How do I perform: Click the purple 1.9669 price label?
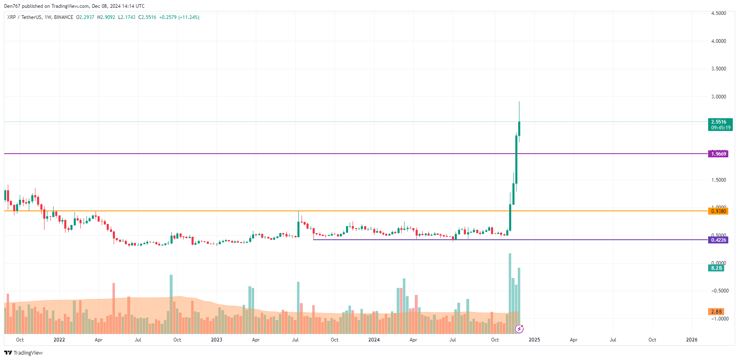click(x=718, y=154)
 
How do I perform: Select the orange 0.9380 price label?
click(x=718, y=211)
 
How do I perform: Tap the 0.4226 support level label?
click(x=718, y=240)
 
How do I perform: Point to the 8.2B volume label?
click(x=716, y=268)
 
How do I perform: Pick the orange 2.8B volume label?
click(x=716, y=312)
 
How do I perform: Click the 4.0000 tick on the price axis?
click(x=718, y=41)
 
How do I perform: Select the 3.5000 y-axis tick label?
click(x=718, y=69)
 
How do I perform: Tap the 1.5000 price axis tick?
click(x=718, y=180)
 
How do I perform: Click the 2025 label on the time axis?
click(x=534, y=340)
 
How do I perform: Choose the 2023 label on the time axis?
click(x=216, y=340)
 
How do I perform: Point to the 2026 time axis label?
click(x=692, y=340)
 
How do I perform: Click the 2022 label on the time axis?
click(x=59, y=340)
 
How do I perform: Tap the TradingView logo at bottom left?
click(x=23, y=353)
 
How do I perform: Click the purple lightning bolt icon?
click(x=519, y=329)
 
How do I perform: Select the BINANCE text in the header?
click(x=63, y=17)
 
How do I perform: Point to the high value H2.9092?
click(x=106, y=17)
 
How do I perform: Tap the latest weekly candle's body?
click(x=519, y=129)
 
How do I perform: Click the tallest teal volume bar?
click(x=510, y=288)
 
